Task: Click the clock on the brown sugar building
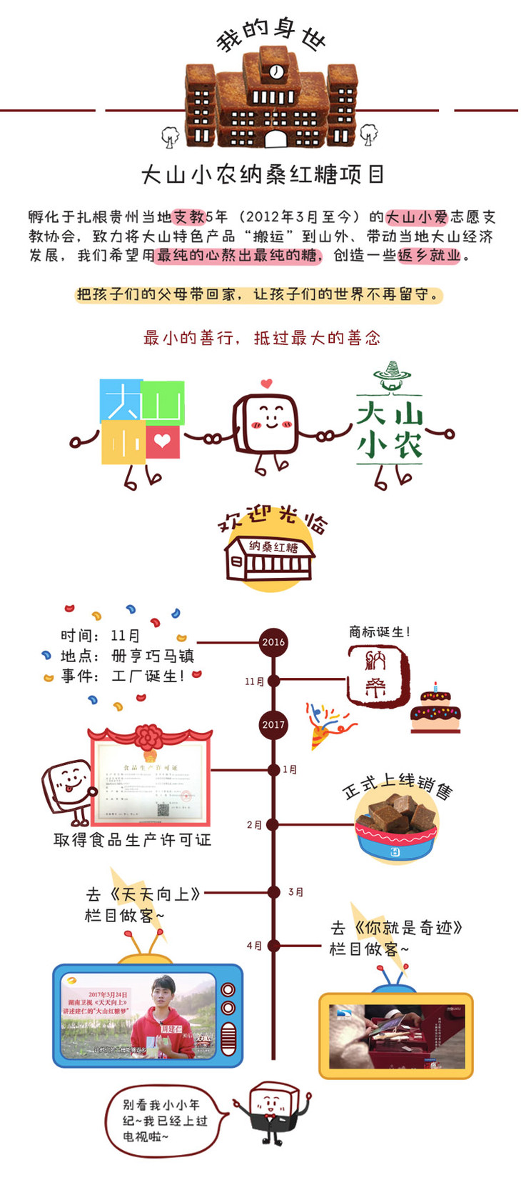tap(276, 71)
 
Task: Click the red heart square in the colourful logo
tap(163, 441)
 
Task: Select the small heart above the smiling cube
tap(266, 384)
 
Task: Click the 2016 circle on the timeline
tap(273, 641)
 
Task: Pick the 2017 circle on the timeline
tap(273, 724)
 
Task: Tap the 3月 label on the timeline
tap(295, 892)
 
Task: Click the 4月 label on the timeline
tap(254, 946)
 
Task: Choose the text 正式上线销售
tap(397, 785)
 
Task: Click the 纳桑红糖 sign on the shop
tap(273, 547)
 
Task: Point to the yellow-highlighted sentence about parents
tap(258, 294)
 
